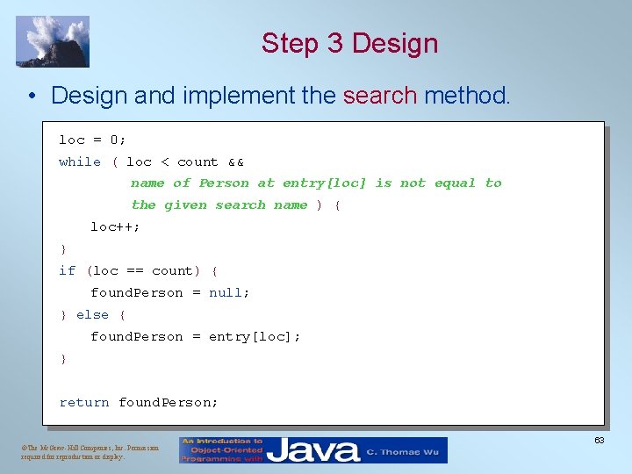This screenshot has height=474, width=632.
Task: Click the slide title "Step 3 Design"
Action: [x=349, y=43]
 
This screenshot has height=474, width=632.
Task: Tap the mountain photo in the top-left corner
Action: [x=53, y=41]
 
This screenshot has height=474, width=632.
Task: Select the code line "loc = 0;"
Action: [x=92, y=140]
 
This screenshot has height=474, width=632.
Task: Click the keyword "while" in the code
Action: [x=80, y=162]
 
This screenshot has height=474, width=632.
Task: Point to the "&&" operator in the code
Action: [x=235, y=162]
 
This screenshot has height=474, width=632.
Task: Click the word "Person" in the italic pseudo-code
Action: [x=224, y=183]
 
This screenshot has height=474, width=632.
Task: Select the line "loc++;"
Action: [x=115, y=226]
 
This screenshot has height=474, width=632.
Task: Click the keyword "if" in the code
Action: [x=67, y=270]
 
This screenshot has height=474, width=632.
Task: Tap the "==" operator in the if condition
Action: [x=134, y=270]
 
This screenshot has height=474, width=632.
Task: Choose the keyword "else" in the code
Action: [x=92, y=314]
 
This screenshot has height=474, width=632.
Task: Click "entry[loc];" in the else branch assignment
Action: [x=255, y=336]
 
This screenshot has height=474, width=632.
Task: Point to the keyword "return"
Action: [x=84, y=402]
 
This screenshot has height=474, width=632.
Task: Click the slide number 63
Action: [x=600, y=440]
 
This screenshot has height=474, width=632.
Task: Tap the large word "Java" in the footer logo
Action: [x=313, y=450]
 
